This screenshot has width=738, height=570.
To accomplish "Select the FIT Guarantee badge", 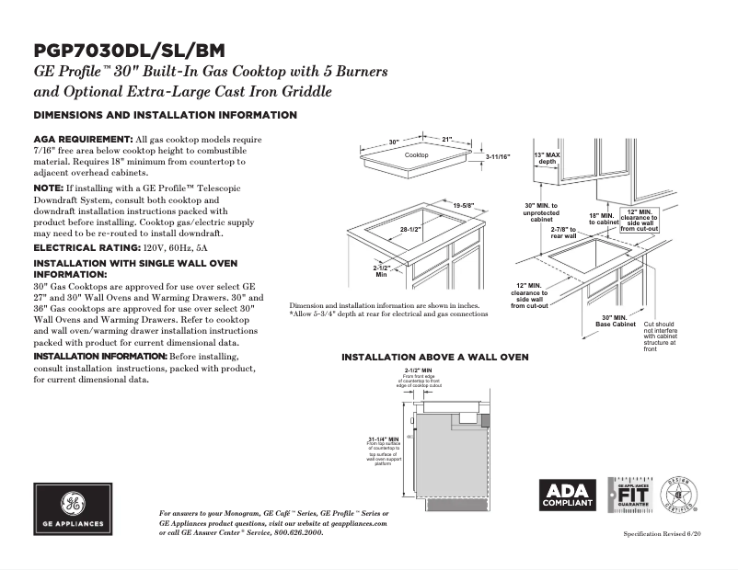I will point(630,496).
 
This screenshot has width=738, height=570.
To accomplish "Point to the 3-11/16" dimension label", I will point(498,157).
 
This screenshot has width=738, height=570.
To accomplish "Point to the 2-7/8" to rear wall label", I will point(563,232).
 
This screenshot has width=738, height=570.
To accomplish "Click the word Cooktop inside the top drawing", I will point(417,156).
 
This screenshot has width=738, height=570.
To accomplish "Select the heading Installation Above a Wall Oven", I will point(435,357).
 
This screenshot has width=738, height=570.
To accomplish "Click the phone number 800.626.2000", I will point(290,532).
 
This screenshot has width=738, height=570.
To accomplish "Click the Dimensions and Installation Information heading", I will point(165,116).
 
